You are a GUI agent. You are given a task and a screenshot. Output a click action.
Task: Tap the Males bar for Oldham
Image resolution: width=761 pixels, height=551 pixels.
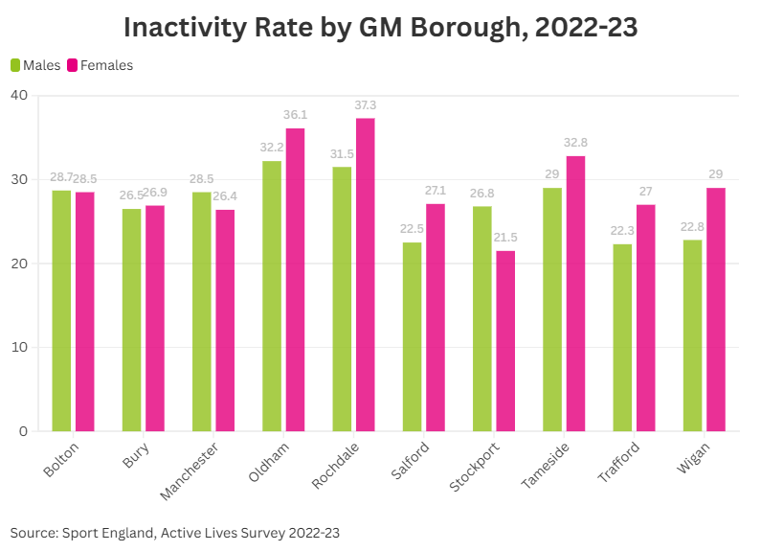(x=272, y=296)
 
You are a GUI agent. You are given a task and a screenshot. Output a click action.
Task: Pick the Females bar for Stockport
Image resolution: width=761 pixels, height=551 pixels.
(x=504, y=341)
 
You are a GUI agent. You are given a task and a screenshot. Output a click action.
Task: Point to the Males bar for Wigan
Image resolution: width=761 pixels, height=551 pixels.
(x=692, y=335)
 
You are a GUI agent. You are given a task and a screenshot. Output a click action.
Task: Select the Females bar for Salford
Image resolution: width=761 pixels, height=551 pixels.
(x=436, y=317)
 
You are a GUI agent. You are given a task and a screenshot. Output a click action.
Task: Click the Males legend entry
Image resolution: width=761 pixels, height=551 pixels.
(x=35, y=65)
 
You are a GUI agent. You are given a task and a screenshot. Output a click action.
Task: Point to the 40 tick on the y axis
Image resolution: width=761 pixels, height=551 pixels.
(x=20, y=95)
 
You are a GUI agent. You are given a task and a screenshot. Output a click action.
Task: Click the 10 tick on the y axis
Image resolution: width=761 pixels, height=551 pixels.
(x=20, y=347)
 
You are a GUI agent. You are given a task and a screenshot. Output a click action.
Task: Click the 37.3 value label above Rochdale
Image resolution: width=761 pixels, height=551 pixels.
(x=365, y=105)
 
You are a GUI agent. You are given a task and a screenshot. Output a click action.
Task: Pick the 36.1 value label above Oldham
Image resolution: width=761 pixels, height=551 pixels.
(x=295, y=115)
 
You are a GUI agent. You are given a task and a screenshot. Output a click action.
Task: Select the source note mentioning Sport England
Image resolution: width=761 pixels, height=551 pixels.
(x=175, y=532)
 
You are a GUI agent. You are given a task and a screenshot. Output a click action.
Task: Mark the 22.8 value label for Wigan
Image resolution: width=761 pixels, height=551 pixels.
(x=692, y=226)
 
